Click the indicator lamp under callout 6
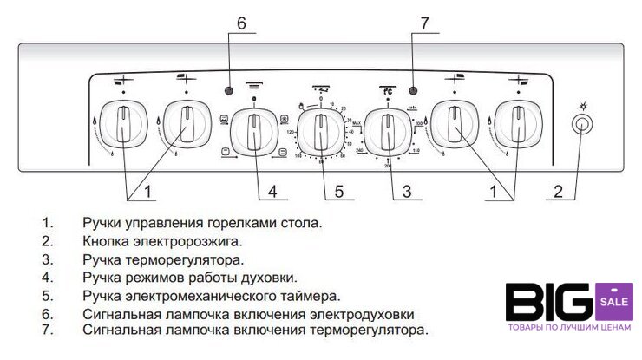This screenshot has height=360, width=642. pos(230,91)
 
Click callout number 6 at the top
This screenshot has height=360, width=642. pos(242,24)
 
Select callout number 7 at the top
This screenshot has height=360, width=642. pos(424,24)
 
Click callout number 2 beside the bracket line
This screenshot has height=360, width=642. pos(558,190)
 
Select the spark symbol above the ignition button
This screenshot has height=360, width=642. pos(582,105)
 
